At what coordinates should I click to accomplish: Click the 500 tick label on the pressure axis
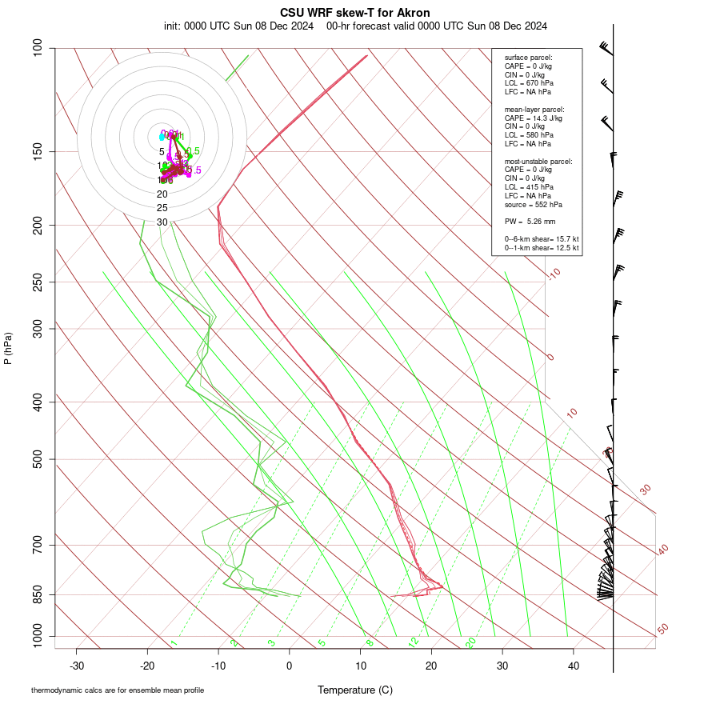tap(38, 459)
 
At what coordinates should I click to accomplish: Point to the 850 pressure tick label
tap(38, 594)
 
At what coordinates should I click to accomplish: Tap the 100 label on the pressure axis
tap(38, 48)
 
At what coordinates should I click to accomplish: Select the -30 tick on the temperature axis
tap(77, 666)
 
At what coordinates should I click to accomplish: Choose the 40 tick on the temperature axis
tap(574, 666)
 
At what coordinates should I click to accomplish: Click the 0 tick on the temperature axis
tap(290, 666)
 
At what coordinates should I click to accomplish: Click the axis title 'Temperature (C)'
tap(355, 690)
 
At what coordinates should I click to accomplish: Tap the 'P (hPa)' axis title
tap(8, 348)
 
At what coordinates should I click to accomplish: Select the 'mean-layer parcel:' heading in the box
tap(534, 109)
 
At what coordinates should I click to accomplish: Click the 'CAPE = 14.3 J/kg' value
tap(534, 118)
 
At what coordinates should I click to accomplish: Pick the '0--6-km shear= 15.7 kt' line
tap(542, 239)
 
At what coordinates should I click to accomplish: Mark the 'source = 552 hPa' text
tap(534, 204)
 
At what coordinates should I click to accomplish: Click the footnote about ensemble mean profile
tap(118, 690)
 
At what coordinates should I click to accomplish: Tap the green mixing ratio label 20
tap(471, 642)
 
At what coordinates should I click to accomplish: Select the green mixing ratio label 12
tap(414, 642)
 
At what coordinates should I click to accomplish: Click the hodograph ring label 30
tap(162, 222)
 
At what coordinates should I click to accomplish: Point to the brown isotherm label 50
tap(662, 630)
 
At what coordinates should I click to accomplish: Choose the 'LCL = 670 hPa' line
tap(529, 82)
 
